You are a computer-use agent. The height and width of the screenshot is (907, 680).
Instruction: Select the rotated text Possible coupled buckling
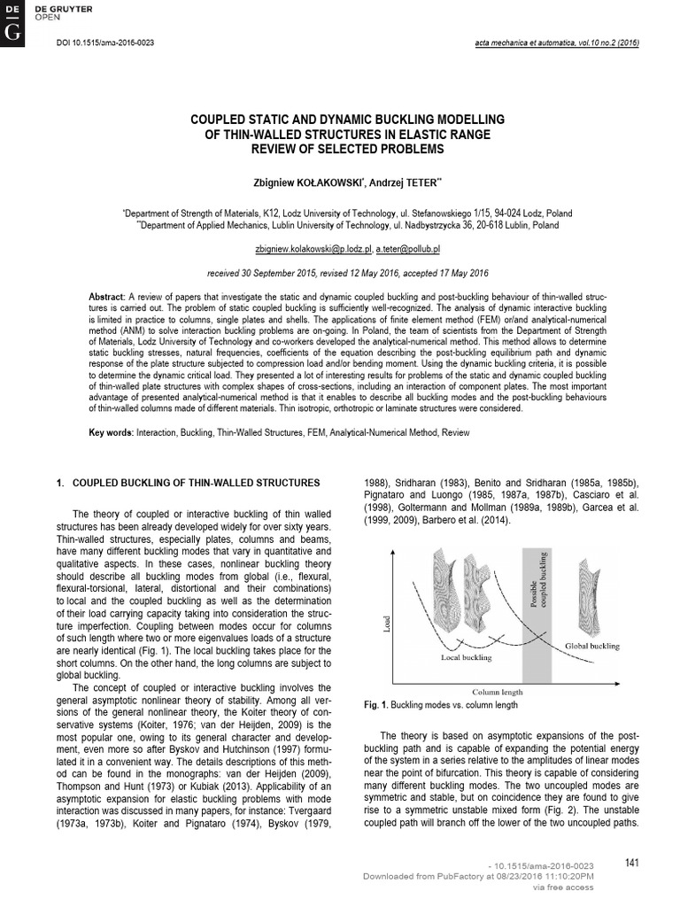coord(537,583)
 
